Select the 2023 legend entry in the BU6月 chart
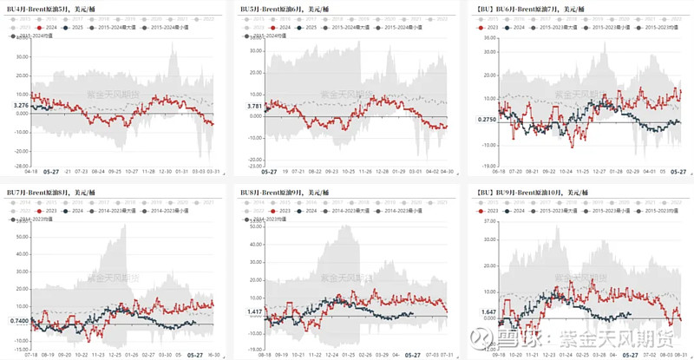click(x=492, y=27)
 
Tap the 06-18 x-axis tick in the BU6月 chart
click(x=498, y=172)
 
